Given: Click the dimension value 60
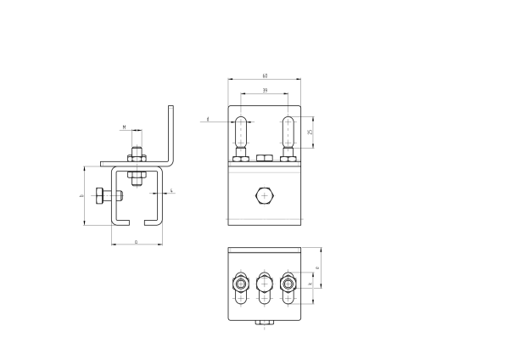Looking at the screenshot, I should coord(265,76).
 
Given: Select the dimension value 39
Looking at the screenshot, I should coord(265,89).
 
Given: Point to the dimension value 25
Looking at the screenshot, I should coord(311,132).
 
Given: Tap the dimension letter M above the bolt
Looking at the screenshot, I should coord(125,127).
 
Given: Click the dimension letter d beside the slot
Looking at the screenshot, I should coord(208,120).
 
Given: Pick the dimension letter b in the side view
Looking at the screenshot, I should coord(81,196).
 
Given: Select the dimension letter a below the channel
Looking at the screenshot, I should coord(137,242).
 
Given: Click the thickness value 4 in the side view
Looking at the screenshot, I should coord(172,191).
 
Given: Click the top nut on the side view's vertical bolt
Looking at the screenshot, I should coord(135,156).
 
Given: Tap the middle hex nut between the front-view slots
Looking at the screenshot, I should coord(265,157).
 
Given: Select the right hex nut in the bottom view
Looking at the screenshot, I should coord(289,283).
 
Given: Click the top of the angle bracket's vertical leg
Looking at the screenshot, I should coord(172,108).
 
